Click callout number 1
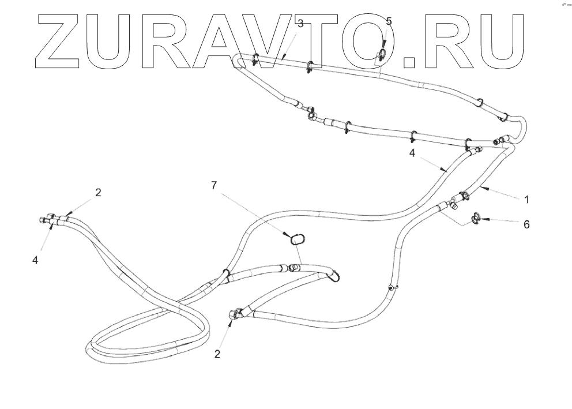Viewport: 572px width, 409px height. pos(526,200)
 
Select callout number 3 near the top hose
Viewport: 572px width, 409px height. pos(300,24)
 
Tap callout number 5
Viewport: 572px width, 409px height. pos(389,21)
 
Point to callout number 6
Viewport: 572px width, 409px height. pos(526,224)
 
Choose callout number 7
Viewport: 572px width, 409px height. pos(214,185)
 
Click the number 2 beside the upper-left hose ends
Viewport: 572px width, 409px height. pos(98,193)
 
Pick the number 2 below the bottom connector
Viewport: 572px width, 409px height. pos(217,354)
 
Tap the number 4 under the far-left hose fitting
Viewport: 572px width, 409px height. pos(35,260)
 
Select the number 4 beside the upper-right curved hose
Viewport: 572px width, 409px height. pos(412,154)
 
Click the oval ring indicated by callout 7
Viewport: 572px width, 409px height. pos(297,238)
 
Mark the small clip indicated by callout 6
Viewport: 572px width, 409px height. pos(476,218)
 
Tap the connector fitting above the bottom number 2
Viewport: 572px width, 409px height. pos(235,314)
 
